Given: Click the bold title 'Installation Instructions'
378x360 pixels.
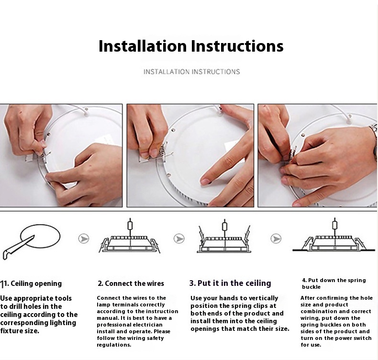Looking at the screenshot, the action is (191, 46).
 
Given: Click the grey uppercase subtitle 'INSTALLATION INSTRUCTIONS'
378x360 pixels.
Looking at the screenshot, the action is (192, 72).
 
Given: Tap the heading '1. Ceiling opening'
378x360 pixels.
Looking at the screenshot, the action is (31, 284).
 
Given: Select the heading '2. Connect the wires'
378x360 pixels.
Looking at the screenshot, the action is (131, 284).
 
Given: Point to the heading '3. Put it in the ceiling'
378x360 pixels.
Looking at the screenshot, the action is (230, 283).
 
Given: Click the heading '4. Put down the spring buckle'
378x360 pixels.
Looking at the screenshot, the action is (334, 284).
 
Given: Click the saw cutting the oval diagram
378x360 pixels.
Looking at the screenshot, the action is (18, 248).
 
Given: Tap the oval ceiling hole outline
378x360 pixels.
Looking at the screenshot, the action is (40, 225).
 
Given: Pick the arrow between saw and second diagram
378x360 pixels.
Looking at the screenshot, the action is (84, 239).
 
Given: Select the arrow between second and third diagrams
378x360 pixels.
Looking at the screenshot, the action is (179, 239).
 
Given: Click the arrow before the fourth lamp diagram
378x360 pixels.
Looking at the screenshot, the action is (276, 239).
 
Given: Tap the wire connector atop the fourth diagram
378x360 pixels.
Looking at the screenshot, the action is (334, 225).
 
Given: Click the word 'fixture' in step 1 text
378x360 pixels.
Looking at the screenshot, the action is (10, 331).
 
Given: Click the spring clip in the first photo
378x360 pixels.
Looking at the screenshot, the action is (44, 153).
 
